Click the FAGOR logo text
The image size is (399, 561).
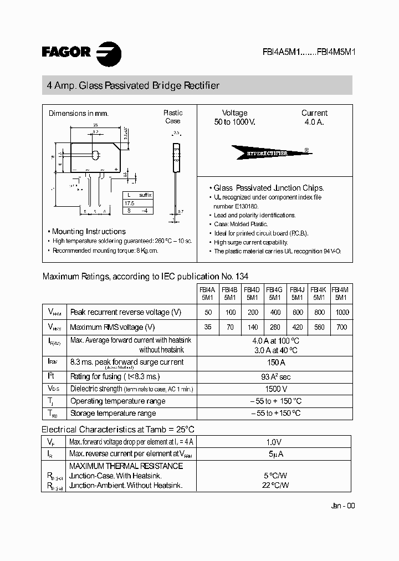tap(66, 52)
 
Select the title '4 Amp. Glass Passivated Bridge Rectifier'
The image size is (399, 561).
tap(133, 85)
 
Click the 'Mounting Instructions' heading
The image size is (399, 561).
tap(89, 231)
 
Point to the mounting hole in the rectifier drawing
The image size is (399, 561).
tap(95, 155)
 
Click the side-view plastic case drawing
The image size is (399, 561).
tap(177, 161)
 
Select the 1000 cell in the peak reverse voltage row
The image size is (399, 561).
tap(342, 312)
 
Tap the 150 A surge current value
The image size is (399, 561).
tap(275, 363)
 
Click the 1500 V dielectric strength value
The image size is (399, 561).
tap(275, 389)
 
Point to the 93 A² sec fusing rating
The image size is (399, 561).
tap(275, 376)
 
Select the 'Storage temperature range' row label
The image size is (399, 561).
tap(112, 413)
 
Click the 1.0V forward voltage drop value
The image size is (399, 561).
tap(274, 442)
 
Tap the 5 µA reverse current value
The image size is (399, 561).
tap(274, 455)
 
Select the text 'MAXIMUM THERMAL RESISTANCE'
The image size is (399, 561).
tap(126, 466)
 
